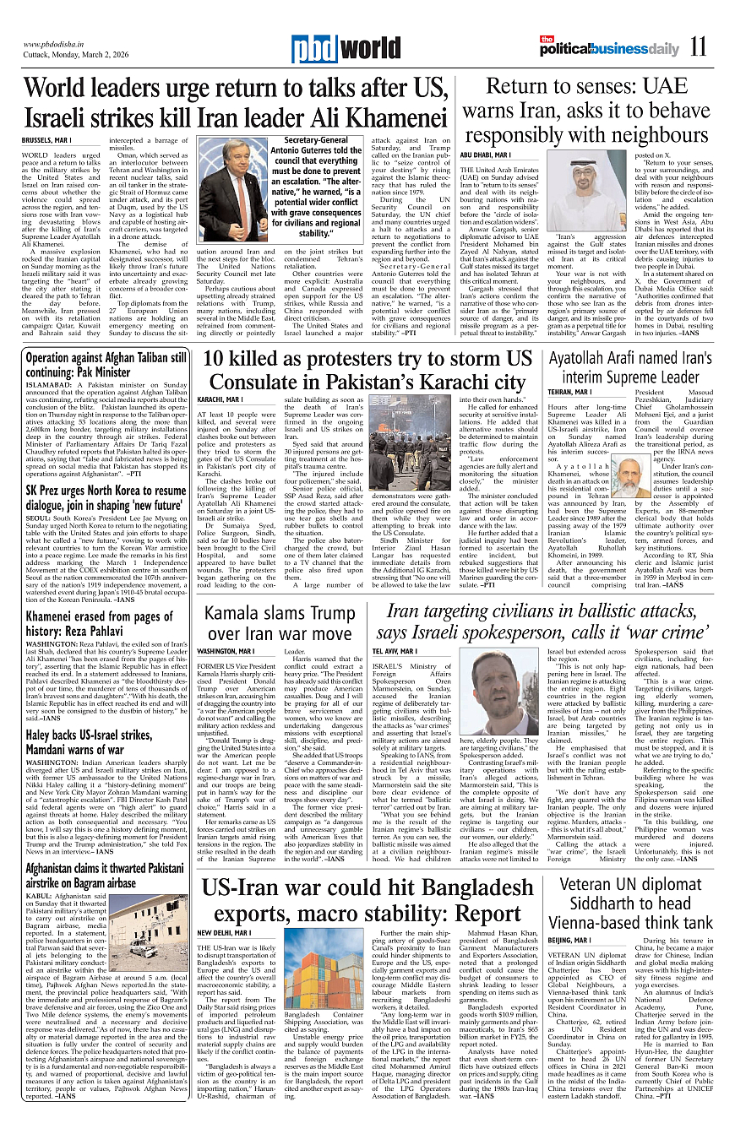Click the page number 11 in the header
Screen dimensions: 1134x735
click(697, 47)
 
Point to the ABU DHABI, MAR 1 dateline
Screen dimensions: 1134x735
click(509, 155)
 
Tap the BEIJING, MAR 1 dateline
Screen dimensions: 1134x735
click(569, 939)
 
